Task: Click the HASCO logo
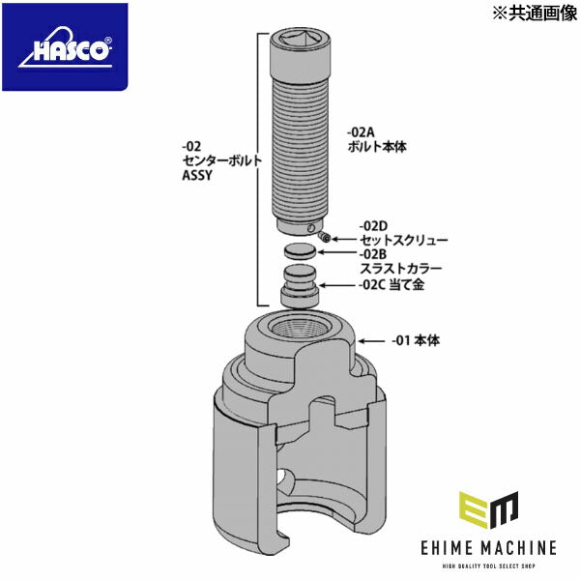pos(64,47)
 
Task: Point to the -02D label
pos(374,223)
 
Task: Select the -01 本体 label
pos(417,340)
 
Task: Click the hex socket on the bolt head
pos(303,40)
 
